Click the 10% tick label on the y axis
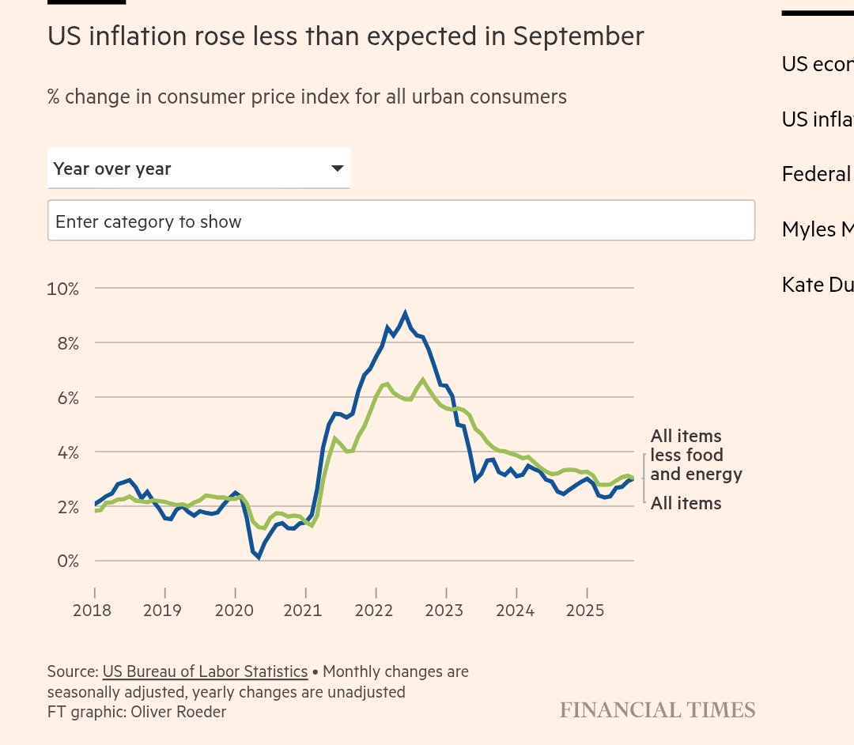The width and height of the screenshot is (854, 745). pyautogui.click(x=63, y=289)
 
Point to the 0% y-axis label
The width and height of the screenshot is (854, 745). pyautogui.click(x=66, y=562)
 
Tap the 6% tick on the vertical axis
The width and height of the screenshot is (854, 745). pyautogui.click(x=66, y=398)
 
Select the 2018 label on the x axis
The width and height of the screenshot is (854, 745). pyautogui.click(x=92, y=611)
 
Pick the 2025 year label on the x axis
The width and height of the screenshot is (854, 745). pyautogui.click(x=585, y=611)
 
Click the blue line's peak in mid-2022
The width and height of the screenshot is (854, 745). pyautogui.click(x=405, y=313)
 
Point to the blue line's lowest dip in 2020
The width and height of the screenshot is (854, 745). pyautogui.click(x=259, y=557)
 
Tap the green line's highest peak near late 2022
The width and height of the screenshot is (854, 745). pyautogui.click(x=423, y=380)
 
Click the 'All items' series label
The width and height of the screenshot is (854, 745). pyautogui.click(x=686, y=504)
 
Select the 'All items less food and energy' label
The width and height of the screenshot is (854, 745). pyautogui.click(x=696, y=456)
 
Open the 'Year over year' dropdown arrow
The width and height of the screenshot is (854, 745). pyautogui.click(x=337, y=168)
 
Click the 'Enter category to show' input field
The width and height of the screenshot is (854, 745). pyautogui.click(x=401, y=221)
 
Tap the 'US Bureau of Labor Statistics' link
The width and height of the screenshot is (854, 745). pyautogui.click(x=205, y=671)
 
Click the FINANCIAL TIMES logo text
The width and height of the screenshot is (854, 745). pyautogui.click(x=657, y=710)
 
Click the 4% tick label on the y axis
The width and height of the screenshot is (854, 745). pyautogui.click(x=66, y=452)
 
